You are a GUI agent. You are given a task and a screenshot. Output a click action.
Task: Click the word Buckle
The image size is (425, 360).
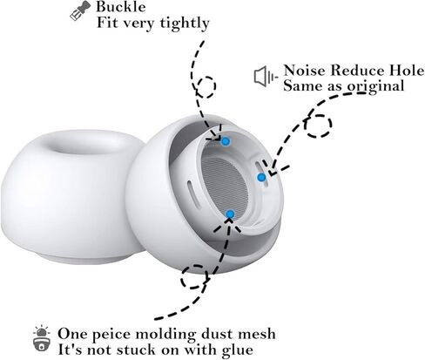pyautogui.click(x=120, y=7)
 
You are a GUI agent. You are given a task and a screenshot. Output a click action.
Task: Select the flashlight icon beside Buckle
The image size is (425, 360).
pyautogui.click(x=80, y=10)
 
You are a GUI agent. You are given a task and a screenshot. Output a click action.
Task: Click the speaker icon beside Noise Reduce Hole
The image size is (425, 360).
pyautogui.click(x=266, y=77)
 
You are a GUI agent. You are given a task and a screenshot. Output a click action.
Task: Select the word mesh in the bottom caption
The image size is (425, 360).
pyautogui.click(x=257, y=334)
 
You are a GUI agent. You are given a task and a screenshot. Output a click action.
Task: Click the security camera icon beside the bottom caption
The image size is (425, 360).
pyautogui.click(x=42, y=339)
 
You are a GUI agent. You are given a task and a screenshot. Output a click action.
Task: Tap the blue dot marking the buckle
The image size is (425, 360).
pyautogui.click(x=226, y=142)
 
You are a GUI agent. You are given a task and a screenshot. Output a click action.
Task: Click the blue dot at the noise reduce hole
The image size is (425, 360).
pyautogui.click(x=261, y=177)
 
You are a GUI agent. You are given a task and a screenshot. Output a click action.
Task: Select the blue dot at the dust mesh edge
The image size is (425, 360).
pyautogui.click(x=230, y=214)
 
